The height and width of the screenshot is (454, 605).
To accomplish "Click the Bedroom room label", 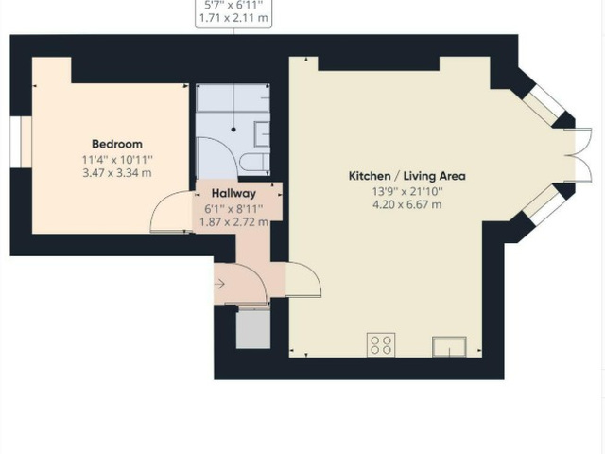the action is coord(117,144).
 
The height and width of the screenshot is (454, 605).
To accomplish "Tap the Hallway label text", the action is coord(233,193).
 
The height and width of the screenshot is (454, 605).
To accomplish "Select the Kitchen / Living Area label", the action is coord(407,176).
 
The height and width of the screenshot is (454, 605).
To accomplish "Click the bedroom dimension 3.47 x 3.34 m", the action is coord(117,172).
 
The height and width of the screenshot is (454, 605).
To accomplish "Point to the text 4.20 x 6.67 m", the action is coord(407,204).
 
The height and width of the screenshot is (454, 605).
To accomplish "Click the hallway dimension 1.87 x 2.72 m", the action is coord(233,222).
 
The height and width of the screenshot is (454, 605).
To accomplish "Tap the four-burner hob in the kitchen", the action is coord(381,344).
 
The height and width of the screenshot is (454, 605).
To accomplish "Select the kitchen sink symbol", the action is coord(449,347).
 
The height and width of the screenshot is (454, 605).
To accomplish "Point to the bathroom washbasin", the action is coord(262,134).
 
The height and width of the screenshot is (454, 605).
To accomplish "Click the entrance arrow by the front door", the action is coord(219,285).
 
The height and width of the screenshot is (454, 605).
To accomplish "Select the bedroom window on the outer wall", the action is coord(15,142).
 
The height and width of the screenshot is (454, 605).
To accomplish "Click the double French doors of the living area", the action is coord(579,155).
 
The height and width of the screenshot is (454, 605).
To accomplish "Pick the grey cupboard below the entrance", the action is coord(253,330).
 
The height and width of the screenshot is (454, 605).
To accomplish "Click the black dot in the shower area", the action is coord(233,130).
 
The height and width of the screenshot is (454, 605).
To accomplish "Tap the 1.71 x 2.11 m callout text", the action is coord(233,18).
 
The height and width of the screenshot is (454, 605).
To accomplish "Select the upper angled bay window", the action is coord(544,103).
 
